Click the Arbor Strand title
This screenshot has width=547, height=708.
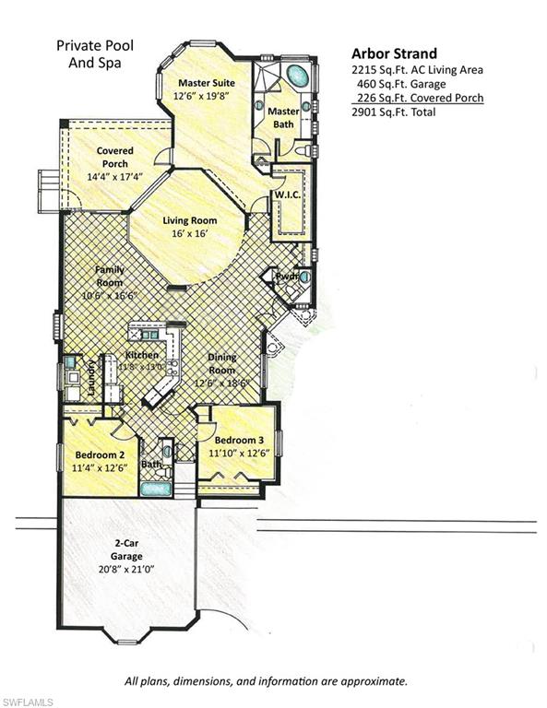394,53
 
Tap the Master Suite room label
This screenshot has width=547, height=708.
207,83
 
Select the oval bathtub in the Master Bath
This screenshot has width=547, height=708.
298,76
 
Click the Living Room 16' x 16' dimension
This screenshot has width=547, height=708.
190,233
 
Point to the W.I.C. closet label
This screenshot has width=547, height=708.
288,195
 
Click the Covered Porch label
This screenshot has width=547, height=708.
114,157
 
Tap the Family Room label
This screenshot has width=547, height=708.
110,276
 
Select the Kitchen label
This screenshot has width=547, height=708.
142,355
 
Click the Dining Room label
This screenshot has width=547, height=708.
221,363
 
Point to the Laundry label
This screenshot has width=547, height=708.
91,377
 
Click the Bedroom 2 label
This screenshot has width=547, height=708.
100,454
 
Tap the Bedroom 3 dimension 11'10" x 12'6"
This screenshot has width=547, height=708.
239,453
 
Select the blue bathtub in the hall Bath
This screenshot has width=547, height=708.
156,489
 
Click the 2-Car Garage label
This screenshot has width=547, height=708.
127,550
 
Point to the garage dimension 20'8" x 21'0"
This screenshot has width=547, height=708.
126,569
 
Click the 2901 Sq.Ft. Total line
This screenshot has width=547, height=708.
394,112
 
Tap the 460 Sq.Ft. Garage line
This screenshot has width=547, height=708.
401,84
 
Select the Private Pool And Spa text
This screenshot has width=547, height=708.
95,53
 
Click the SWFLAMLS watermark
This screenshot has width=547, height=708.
27,702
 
